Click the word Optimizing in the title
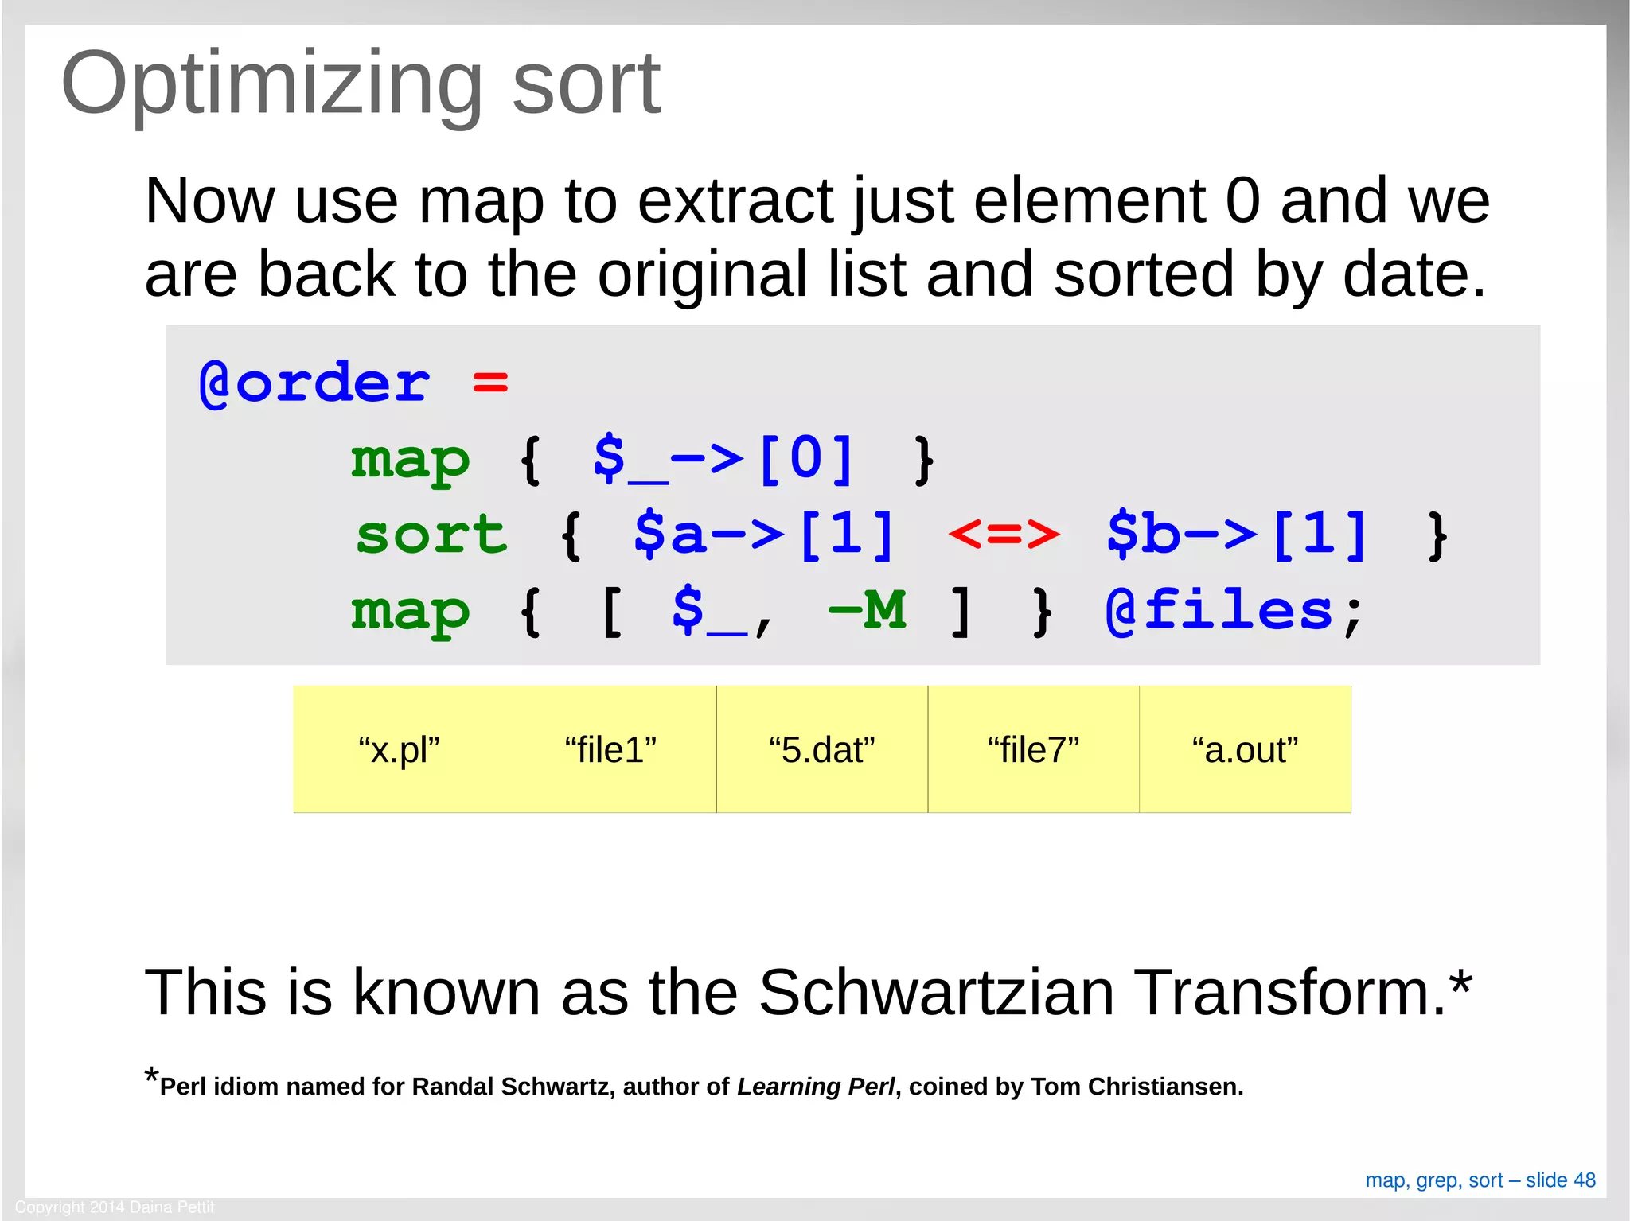point(271,84)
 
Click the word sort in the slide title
point(586,84)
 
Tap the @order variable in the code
point(314,383)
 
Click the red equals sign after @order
point(489,383)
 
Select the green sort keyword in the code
point(431,535)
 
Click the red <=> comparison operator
point(1004,535)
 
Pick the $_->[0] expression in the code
point(723,459)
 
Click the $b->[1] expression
point(1237,535)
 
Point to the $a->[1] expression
point(764,535)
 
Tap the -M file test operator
point(867,611)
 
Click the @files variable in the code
point(1219,611)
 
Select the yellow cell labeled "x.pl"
point(399,750)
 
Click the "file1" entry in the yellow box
point(610,750)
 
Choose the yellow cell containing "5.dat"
point(821,750)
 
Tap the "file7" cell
point(1033,750)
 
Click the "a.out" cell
point(1245,750)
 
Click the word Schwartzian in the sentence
point(936,993)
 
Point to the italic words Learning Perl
point(815,1087)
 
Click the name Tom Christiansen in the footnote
point(1136,1087)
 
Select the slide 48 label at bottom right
point(1560,1180)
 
